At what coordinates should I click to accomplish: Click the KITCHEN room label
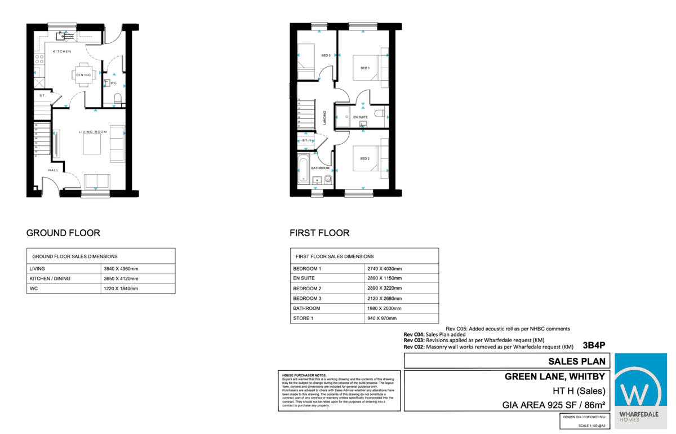(x=62, y=52)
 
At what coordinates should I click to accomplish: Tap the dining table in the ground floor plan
(x=83, y=75)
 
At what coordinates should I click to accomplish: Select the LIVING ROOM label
(x=92, y=132)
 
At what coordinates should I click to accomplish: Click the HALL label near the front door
(x=53, y=170)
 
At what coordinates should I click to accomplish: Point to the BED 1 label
(x=364, y=68)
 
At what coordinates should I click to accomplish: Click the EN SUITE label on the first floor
(x=360, y=117)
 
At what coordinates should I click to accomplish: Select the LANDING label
(x=325, y=117)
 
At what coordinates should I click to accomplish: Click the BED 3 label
(x=326, y=55)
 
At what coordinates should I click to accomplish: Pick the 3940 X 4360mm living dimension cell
(x=121, y=269)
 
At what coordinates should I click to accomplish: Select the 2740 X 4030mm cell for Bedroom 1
(x=384, y=269)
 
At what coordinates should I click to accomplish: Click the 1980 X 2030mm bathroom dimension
(x=384, y=308)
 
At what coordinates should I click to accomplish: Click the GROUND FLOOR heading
(x=63, y=233)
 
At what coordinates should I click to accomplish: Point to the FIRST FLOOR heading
(x=319, y=233)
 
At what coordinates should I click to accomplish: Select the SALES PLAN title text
(x=577, y=362)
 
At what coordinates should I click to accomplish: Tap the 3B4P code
(x=594, y=346)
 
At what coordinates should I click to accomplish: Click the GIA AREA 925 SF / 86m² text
(x=553, y=404)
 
